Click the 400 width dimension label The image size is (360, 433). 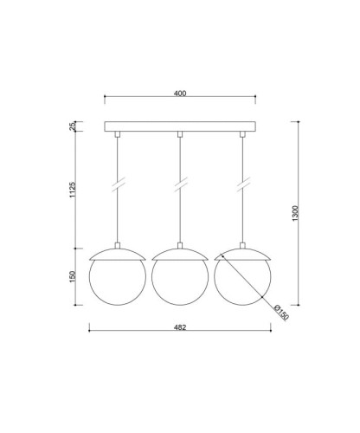pos(180,94)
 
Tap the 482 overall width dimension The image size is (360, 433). pos(180,327)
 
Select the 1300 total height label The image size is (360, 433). pos(295,213)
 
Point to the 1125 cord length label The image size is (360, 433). pos(72,190)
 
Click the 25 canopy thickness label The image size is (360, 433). pos(72,126)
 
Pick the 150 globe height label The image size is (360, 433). pos(72,276)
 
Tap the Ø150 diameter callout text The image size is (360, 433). pos(280,313)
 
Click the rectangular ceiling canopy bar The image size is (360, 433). pos(180,126)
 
